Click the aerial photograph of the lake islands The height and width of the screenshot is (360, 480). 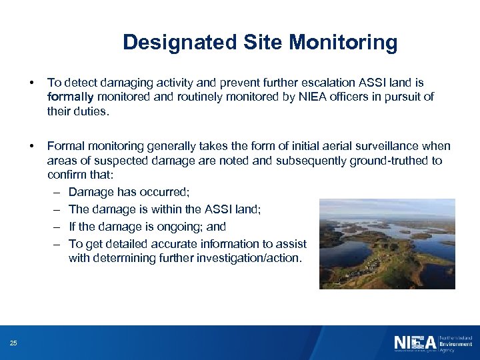pos(387,243)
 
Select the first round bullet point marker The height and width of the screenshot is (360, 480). pos(31,83)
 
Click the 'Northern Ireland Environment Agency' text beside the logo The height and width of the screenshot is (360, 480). pos(455,343)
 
